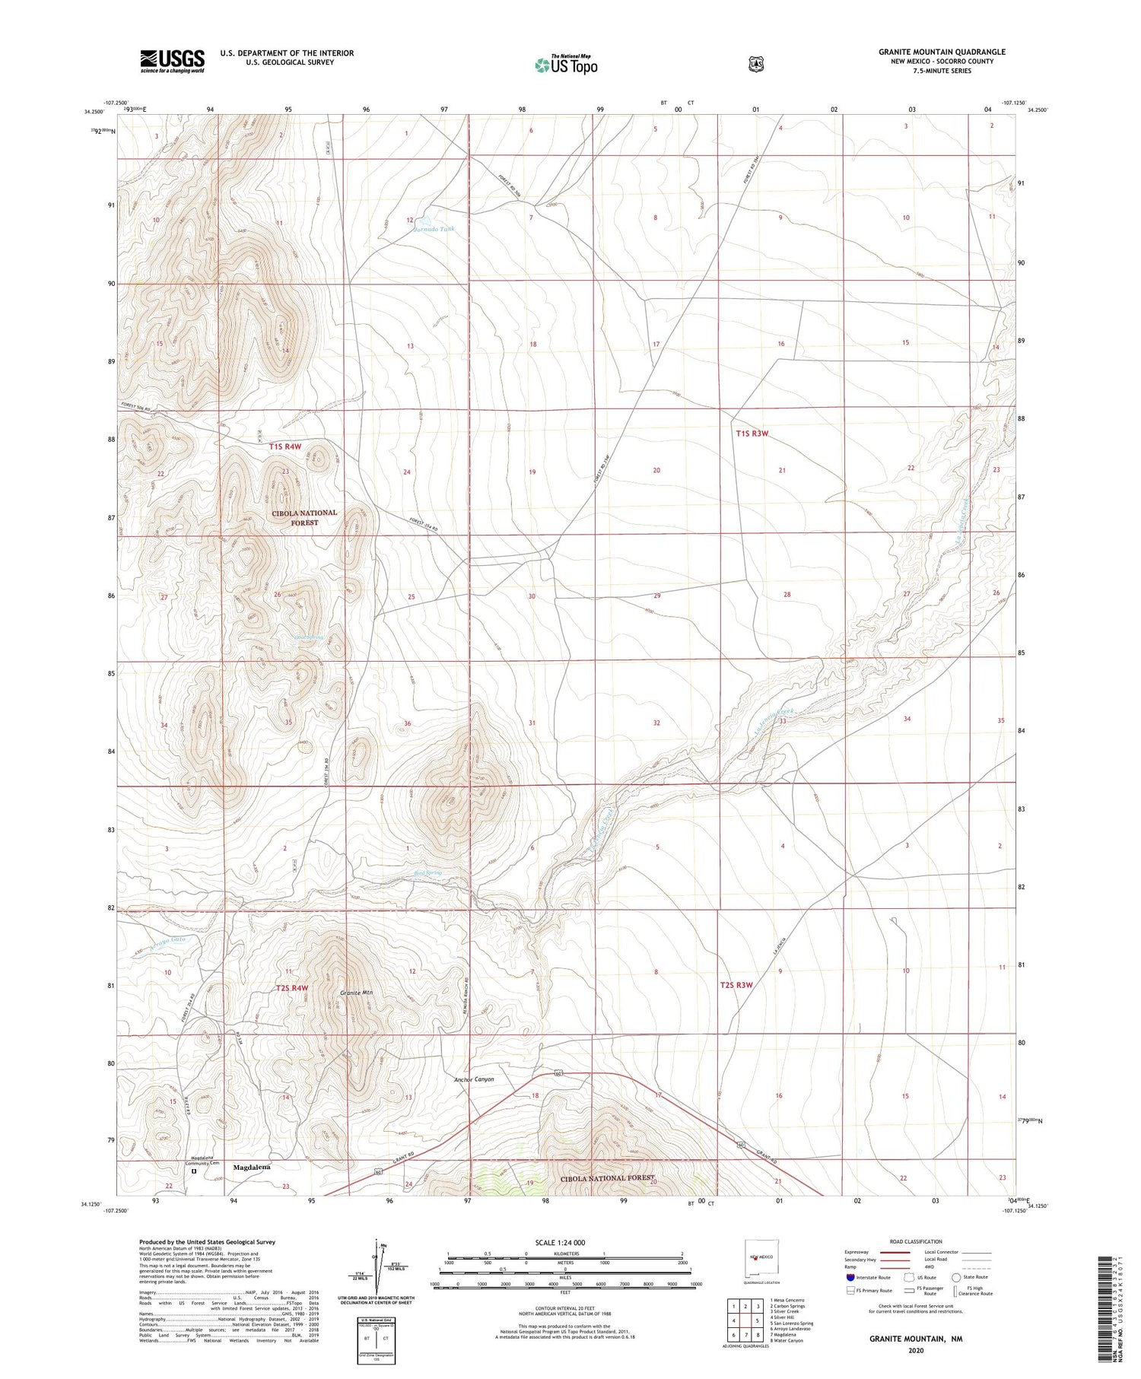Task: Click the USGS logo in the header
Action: pos(172,61)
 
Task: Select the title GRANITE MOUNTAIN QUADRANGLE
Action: pos(942,52)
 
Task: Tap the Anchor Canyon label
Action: pos(474,1079)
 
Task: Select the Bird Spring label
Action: pos(428,872)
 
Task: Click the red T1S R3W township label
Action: pos(752,434)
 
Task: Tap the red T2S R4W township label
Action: pos(292,988)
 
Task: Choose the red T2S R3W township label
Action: pos(736,985)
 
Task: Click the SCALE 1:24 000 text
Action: pos(565,1242)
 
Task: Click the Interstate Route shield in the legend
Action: pos(850,1277)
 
